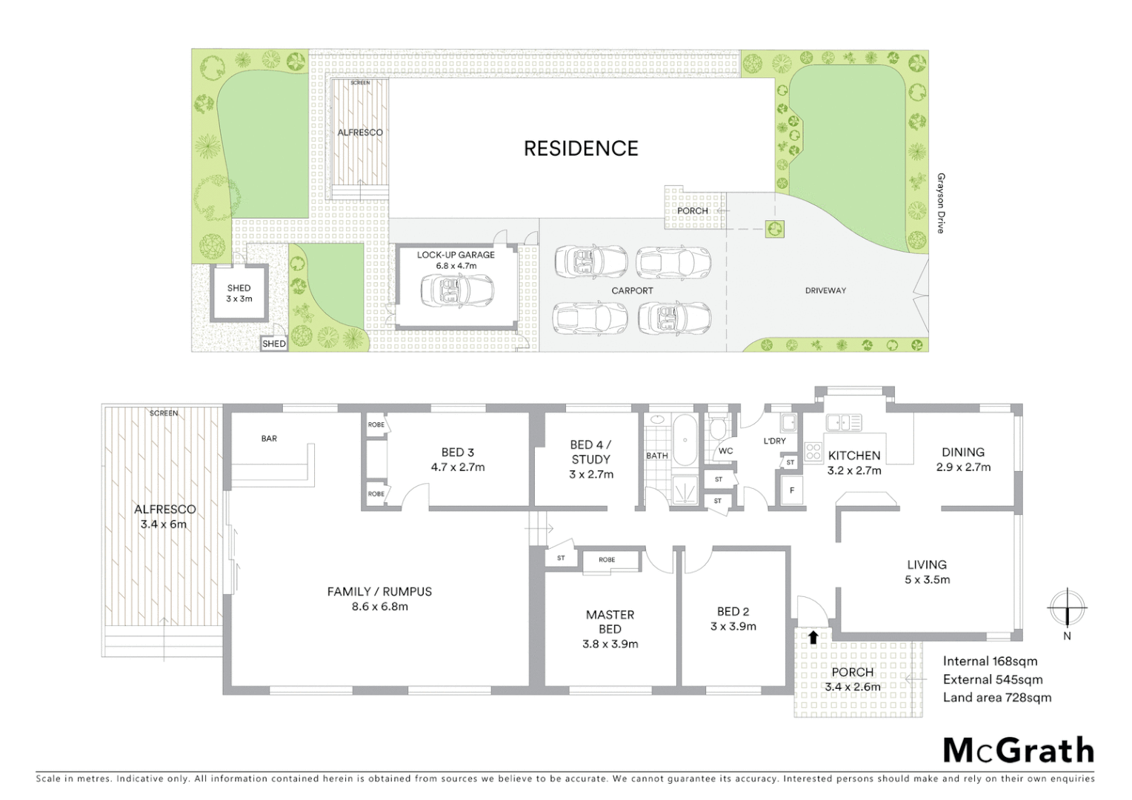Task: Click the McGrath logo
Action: tap(1018, 750)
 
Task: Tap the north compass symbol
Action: tap(1067, 609)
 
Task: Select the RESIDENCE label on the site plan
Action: tap(581, 149)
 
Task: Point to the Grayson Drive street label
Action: tap(941, 204)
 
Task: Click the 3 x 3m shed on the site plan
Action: tap(239, 293)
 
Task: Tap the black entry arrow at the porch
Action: tap(813, 637)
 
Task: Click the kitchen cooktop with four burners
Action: tap(813, 452)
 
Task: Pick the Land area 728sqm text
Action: tap(996, 698)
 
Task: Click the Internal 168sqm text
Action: tap(990, 661)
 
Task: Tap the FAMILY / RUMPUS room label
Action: tap(379, 592)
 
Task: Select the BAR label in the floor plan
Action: tap(269, 439)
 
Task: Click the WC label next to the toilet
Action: tap(725, 451)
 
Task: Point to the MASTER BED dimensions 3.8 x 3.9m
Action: tap(610, 644)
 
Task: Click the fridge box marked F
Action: tap(792, 490)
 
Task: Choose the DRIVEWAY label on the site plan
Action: tap(825, 291)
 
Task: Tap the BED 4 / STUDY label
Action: tap(590, 452)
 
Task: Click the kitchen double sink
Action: tap(844, 423)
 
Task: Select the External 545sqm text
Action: tap(992, 680)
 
